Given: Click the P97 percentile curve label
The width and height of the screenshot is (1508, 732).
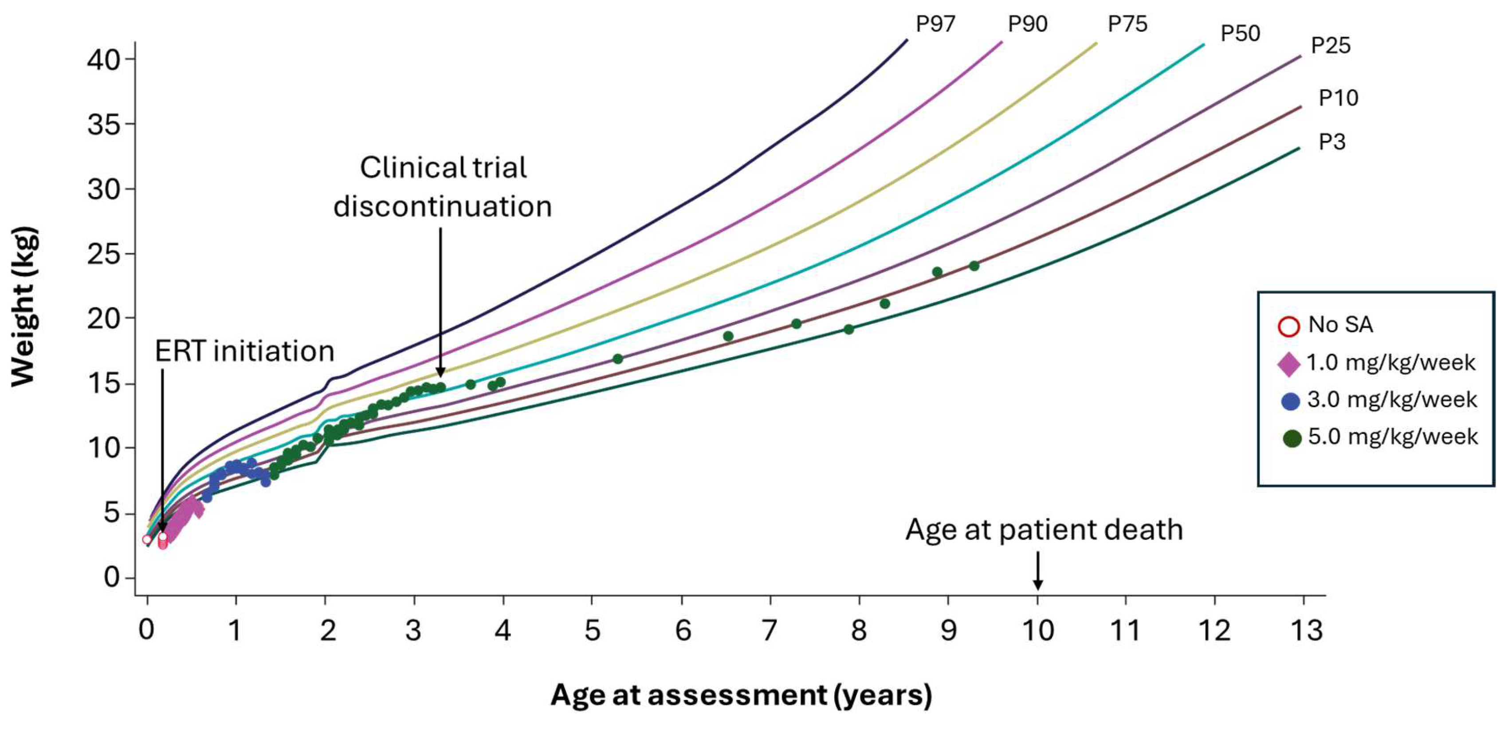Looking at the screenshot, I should point(935,24).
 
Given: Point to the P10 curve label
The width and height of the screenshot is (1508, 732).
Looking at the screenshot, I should point(1338,98).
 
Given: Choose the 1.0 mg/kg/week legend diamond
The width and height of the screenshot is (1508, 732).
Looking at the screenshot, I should point(1288,364).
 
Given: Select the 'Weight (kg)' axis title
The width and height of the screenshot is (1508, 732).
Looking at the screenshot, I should point(24,306).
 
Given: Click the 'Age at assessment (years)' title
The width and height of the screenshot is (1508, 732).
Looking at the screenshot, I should point(741,695).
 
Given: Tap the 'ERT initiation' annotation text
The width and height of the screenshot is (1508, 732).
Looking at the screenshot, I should point(244,351).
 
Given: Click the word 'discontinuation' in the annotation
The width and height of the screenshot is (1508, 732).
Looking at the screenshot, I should point(443,206).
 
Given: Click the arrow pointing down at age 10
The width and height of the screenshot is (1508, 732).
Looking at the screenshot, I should point(1037,571).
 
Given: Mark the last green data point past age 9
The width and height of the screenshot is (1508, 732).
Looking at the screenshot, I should point(974,266).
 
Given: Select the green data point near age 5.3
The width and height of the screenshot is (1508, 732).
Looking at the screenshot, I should point(617,359).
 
